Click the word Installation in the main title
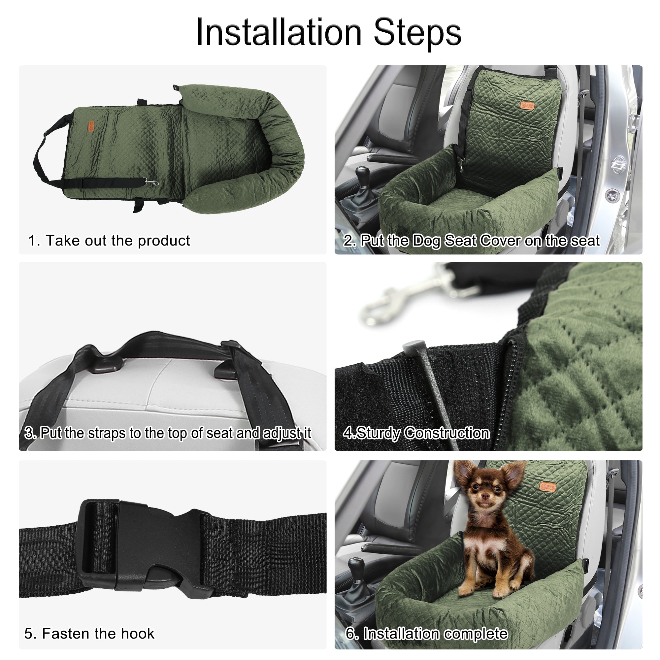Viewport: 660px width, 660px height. (x=279, y=32)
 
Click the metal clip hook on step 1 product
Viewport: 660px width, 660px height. (x=152, y=182)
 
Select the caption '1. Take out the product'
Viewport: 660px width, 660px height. (x=109, y=241)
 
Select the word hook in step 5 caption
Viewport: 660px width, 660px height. (x=137, y=633)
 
